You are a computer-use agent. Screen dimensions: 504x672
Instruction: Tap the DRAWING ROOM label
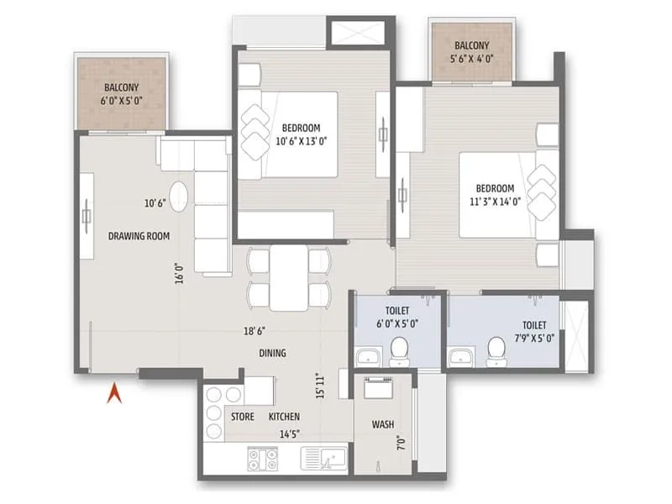(x=139, y=236)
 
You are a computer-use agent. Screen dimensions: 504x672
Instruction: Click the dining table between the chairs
(x=289, y=277)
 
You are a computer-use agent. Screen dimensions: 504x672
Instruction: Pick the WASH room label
(x=382, y=424)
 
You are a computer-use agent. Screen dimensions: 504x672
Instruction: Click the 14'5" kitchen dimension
(x=287, y=434)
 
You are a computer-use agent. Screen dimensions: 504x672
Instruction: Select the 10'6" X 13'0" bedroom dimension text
(x=301, y=141)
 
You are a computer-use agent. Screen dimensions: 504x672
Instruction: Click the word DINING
(x=272, y=354)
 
